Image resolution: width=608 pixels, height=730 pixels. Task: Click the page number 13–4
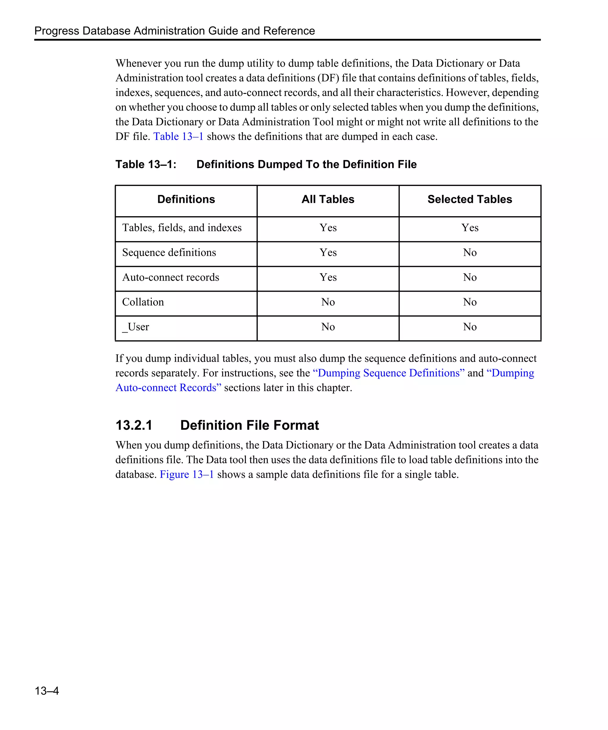[x=47, y=691]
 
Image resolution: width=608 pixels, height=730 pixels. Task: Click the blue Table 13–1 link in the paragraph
[x=178, y=136]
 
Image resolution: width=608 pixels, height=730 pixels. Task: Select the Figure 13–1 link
[x=186, y=474]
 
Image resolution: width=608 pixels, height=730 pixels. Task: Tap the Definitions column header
[x=186, y=199]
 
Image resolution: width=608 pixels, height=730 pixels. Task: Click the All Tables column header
[x=328, y=199]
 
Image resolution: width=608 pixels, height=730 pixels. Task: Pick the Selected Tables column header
[x=469, y=199]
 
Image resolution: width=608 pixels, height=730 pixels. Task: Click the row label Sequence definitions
[x=169, y=252]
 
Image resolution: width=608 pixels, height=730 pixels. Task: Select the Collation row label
[x=143, y=302]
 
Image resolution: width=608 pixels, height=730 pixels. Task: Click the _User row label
[x=135, y=327]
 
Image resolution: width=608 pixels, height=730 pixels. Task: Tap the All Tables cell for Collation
[x=328, y=302]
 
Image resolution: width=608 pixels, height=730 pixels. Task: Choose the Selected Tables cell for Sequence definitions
[x=469, y=252]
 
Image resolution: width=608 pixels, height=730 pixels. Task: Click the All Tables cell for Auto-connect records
[x=328, y=277]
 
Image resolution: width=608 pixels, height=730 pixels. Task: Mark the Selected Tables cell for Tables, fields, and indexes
[x=469, y=228]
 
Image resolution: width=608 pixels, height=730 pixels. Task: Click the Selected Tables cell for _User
[x=469, y=327]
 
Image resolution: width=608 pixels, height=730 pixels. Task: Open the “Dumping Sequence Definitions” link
[x=388, y=373]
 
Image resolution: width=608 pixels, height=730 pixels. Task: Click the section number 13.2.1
[x=134, y=425]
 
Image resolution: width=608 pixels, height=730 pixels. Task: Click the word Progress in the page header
[x=57, y=31]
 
